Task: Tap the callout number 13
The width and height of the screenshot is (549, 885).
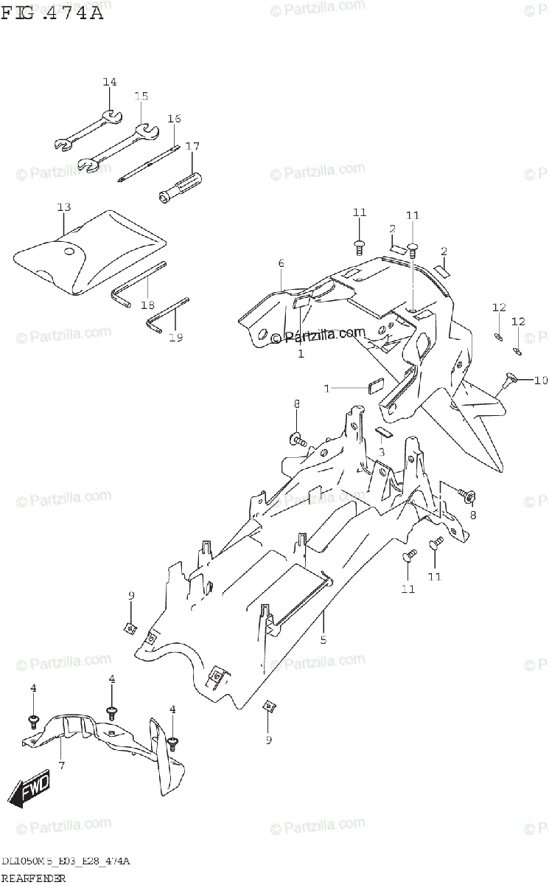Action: coord(63,207)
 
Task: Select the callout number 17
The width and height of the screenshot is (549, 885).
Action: coord(192,146)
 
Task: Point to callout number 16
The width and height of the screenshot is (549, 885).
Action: coord(174,119)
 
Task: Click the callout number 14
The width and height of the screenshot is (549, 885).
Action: coord(110,82)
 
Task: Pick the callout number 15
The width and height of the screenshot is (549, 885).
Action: coord(141,97)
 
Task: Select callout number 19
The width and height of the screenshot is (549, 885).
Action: coord(175,338)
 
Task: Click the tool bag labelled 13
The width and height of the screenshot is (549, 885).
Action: coord(88,251)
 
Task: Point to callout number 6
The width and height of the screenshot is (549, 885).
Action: coord(281,263)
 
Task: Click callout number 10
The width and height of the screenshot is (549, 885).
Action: coord(542,381)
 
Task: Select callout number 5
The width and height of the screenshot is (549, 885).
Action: coord(323,639)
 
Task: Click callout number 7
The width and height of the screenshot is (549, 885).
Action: coord(61,766)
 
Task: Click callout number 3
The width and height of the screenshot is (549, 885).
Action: coord(381,451)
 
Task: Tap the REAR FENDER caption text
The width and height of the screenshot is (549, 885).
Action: coord(34,878)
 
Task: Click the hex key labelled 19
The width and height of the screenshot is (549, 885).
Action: coord(166,313)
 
